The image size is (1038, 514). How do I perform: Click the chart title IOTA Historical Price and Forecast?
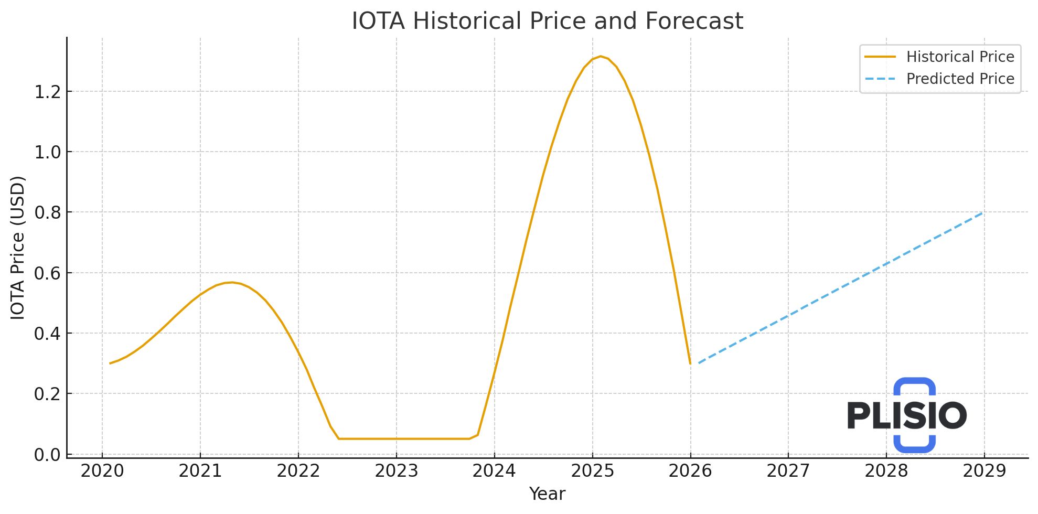pos(547,22)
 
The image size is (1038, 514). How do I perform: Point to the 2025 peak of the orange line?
pos(601,56)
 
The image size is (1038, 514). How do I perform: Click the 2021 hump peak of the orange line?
pos(232,282)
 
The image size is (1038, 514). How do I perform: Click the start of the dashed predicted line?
pos(699,363)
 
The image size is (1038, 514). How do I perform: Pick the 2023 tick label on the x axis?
pos(396,471)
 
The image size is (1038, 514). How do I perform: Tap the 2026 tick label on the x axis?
pos(690,471)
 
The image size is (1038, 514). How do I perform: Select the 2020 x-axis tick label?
pos(102,471)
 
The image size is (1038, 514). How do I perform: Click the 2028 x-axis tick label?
pos(886,471)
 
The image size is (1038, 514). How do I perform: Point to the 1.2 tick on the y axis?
pos(47,92)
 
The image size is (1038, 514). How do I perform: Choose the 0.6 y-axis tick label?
pos(47,273)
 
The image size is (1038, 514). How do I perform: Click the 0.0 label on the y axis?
pos(47,455)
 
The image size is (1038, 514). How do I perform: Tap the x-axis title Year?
pos(547,494)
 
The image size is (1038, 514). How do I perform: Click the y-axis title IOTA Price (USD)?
pos(18,248)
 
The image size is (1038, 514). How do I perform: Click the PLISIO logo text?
pos(906,415)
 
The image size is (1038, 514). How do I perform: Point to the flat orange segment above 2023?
pos(396,438)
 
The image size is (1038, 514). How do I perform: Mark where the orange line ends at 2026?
pos(690,363)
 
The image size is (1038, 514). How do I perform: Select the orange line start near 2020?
pos(110,363)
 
